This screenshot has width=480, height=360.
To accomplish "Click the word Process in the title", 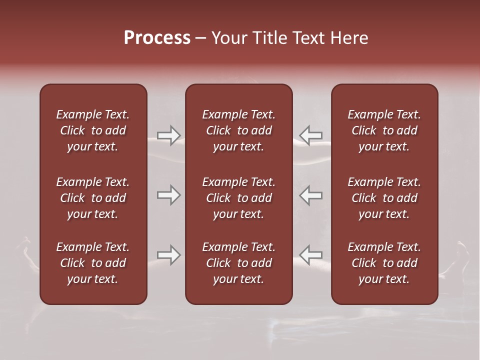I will click(x=157, y=38).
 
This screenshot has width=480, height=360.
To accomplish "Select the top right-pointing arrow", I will click(x=169, y=135).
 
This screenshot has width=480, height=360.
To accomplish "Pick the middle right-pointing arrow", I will click(x=169, y=195).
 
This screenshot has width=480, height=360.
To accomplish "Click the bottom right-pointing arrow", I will click(x=169, y=255).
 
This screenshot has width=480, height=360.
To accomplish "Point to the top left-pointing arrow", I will click(x=310, y=135).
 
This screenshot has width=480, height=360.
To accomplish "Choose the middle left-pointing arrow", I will click(x=310, y=195).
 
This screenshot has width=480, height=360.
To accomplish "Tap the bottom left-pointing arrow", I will click(x=310, y=255).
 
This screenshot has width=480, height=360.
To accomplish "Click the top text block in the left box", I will click(x=93, y=130).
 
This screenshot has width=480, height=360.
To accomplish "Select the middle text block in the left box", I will click(x=93, y=198).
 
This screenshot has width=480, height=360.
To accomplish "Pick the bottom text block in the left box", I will click(x=93, y=263).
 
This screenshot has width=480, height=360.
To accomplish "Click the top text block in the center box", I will click(x=239, y=130).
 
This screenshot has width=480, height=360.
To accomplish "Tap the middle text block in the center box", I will click(x=239, y=198).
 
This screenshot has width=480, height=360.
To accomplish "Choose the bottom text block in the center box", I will click(x=239, y=263).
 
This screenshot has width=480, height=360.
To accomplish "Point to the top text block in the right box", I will click(x=384, y=130).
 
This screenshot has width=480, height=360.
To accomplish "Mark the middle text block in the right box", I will click(x=384, y=198).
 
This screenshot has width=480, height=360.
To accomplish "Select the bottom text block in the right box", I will click(x=384, y=263).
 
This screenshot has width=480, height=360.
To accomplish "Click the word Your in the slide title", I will click(x=230, y=38).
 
